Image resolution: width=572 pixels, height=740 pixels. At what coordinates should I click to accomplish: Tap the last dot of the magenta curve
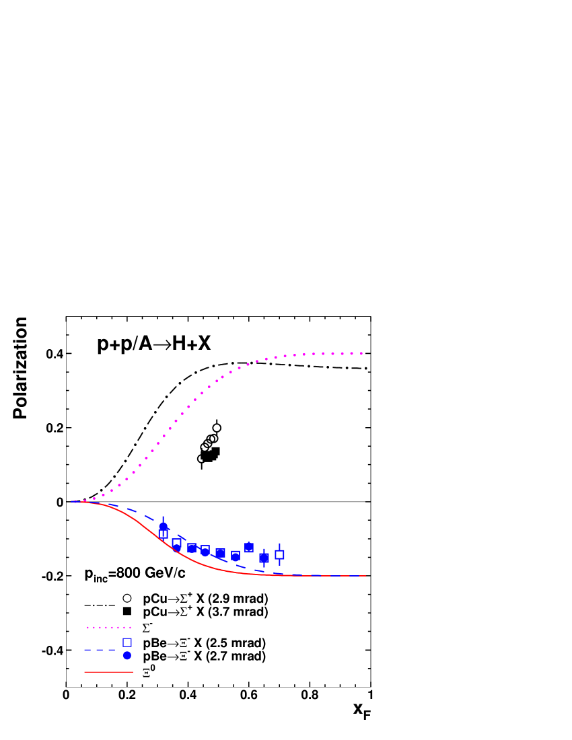[362, 353]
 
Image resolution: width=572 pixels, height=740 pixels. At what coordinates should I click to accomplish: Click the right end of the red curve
[365, 576]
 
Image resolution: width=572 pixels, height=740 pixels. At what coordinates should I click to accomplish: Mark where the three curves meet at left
[72, 501]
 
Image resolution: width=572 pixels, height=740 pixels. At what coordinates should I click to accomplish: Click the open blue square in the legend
[127, 642]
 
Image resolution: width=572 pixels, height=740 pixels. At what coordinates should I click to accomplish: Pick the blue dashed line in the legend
[101, 650]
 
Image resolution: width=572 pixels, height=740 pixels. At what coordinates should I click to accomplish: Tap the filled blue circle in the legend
[127, 655]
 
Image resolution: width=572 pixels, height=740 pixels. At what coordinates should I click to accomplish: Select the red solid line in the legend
[108, 671]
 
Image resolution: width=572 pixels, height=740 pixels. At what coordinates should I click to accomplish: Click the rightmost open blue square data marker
[279, 554]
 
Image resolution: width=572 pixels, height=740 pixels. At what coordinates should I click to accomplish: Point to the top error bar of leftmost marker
[163, 519]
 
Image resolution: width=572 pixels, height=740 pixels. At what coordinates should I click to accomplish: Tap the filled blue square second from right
[264, 558]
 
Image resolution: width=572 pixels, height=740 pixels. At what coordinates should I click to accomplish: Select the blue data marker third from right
[249, 548]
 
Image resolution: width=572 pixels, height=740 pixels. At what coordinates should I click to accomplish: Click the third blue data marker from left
[192, 548]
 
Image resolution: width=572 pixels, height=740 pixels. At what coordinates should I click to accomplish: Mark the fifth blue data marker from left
[220, 553]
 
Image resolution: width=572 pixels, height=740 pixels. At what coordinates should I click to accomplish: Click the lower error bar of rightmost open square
[279, 562]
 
